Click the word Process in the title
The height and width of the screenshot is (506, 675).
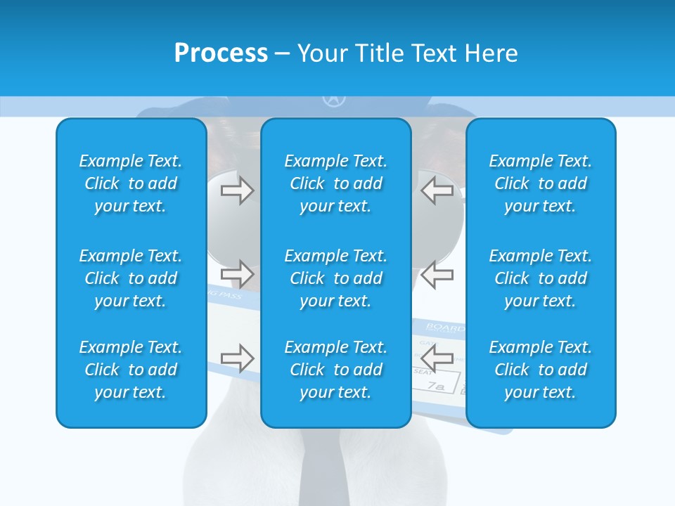coord(221,53)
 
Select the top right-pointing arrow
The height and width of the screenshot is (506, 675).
coord(237,190)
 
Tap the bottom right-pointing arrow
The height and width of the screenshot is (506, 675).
coord(237,358)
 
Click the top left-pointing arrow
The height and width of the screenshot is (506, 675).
coord(437,190)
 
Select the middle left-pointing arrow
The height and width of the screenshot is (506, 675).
coord(437,273)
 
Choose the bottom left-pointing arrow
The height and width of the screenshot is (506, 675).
coord(437,358)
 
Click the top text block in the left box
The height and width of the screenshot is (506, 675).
coord(131,183)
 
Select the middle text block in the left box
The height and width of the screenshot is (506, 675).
coord(131,278)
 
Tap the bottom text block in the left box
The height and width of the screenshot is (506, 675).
coord(131,370)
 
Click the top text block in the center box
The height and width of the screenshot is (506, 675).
coord(336,183)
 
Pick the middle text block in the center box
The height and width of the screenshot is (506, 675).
coord(336,278)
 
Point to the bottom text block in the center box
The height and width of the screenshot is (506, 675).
coord(336,370)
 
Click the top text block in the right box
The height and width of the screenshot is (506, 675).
coord(541,183)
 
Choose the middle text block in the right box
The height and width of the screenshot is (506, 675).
coord(541,278)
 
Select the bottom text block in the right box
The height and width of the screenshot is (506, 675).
coord(541,370)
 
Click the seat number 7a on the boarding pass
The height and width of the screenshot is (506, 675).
coord(437,387)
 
